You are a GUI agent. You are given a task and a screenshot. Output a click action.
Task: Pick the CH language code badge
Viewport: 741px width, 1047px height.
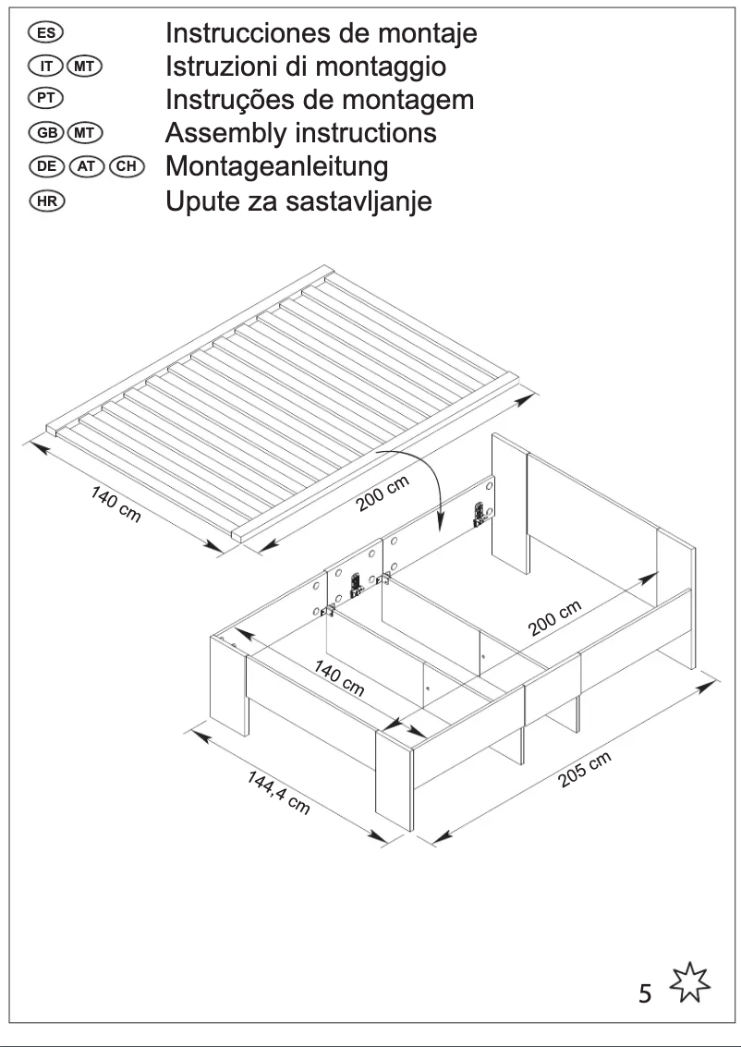coord(125,167)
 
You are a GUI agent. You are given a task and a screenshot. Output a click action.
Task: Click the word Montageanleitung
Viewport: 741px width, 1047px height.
coord(276,167)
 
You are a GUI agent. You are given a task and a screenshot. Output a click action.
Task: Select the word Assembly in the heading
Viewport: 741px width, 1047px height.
coord(221,134)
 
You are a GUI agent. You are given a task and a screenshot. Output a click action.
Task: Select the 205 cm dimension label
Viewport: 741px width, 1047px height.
coord(585,770)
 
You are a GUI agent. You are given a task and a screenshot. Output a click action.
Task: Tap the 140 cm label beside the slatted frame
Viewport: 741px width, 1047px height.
coord(115,504)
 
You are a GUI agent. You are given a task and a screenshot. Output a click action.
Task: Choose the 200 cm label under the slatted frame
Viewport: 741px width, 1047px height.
coord(383,496)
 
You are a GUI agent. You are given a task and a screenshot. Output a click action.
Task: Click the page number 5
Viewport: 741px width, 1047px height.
coord(645,994)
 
